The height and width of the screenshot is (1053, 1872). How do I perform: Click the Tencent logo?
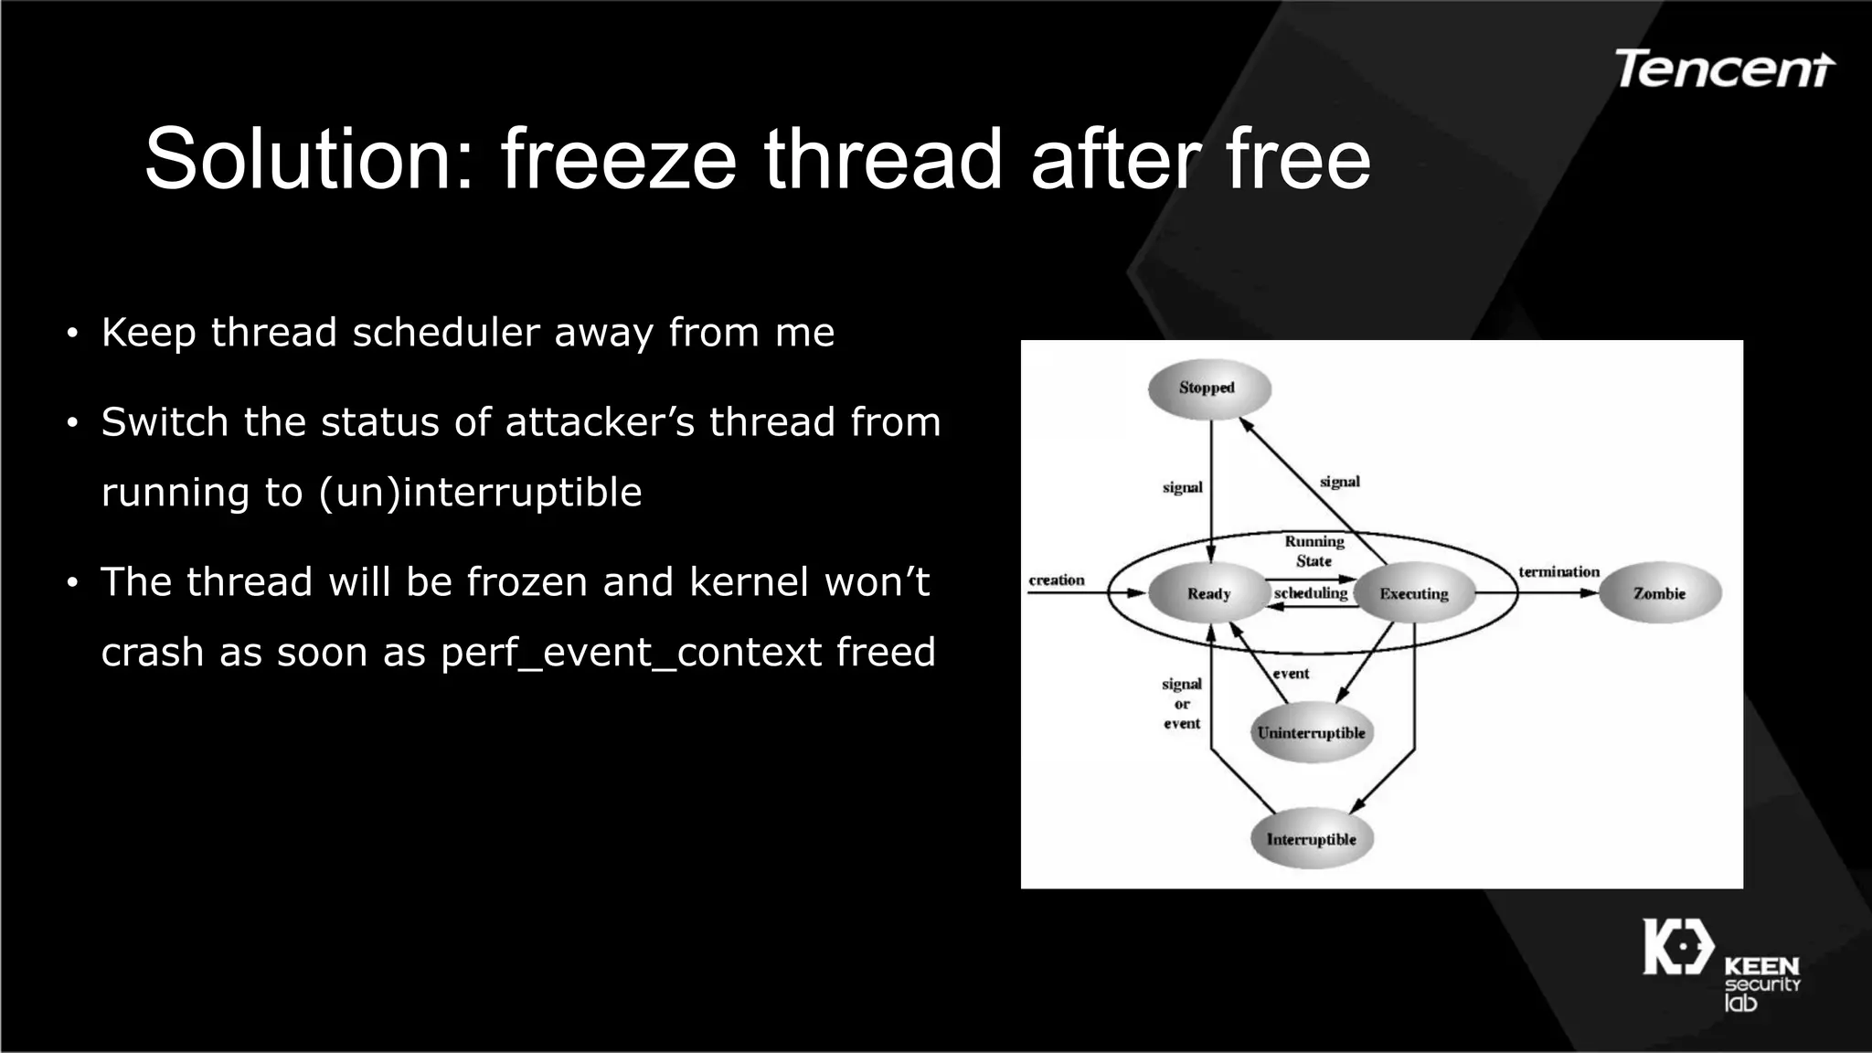pos(1724,69)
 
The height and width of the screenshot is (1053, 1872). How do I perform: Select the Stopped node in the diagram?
pos(1208,388)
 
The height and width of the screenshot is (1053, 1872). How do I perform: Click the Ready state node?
pos(1208,594)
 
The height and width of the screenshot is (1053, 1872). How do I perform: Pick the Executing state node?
pos(1413,594)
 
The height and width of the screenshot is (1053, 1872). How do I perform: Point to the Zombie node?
pos(1659,594)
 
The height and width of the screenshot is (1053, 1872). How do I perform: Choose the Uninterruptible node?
pos(1311,733)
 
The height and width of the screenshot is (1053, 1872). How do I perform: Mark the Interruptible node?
pos(1311,840)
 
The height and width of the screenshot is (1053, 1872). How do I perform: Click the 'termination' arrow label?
pos(1558,572)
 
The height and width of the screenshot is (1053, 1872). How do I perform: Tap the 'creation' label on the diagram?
pos(1057,580)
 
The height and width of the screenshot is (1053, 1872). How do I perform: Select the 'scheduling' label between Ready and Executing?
pos(1311,593)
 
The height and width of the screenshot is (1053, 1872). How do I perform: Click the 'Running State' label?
pos(1314,551)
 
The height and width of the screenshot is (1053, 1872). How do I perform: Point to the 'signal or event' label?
pos(1181,704)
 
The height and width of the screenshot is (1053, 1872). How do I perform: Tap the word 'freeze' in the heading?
pos(618,159)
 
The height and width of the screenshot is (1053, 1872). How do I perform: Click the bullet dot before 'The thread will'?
pos(72,583)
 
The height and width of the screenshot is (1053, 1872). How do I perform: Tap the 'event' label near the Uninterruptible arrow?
pos(1291,674)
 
